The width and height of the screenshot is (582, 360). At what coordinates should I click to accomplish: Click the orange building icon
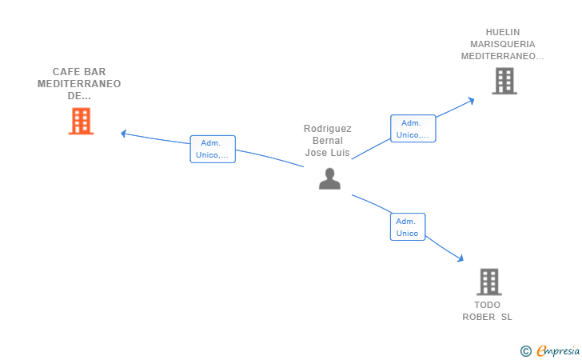point(81,121)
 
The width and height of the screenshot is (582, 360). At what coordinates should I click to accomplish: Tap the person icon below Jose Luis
point(329,178)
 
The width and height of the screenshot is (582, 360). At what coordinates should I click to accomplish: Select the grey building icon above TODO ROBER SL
point(489,282)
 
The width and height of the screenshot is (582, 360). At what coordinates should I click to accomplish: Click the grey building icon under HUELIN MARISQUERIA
point(504,81)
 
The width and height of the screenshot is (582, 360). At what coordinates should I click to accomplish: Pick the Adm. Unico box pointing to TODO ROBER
point(408,227)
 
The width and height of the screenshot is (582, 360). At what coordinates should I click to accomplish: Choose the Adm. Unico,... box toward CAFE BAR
point(213,149)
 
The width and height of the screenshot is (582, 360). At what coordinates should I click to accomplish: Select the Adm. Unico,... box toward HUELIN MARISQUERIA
point(413,129)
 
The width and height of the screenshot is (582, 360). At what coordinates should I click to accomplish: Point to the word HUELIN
point(503,32)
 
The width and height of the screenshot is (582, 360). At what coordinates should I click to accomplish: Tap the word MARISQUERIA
point(503,44)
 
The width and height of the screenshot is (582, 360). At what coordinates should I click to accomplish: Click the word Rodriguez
point(328,129)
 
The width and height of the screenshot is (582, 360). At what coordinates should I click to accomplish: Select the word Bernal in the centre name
point(328,141)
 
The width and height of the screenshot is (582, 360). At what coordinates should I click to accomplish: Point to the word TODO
point(488,305)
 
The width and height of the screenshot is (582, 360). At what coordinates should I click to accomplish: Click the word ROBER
point(478,317)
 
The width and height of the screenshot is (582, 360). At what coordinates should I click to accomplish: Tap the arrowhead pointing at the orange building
point(124,134)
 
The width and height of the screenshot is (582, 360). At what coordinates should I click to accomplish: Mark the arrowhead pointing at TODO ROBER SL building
point(460,258)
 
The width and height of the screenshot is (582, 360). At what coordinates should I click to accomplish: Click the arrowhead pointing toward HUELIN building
point(471,101)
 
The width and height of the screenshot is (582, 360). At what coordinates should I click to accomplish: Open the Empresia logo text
point(558,350)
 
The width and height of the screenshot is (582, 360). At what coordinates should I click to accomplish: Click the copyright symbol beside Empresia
point(526,351)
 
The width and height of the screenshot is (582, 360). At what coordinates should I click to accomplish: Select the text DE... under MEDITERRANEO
point(79,96)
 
